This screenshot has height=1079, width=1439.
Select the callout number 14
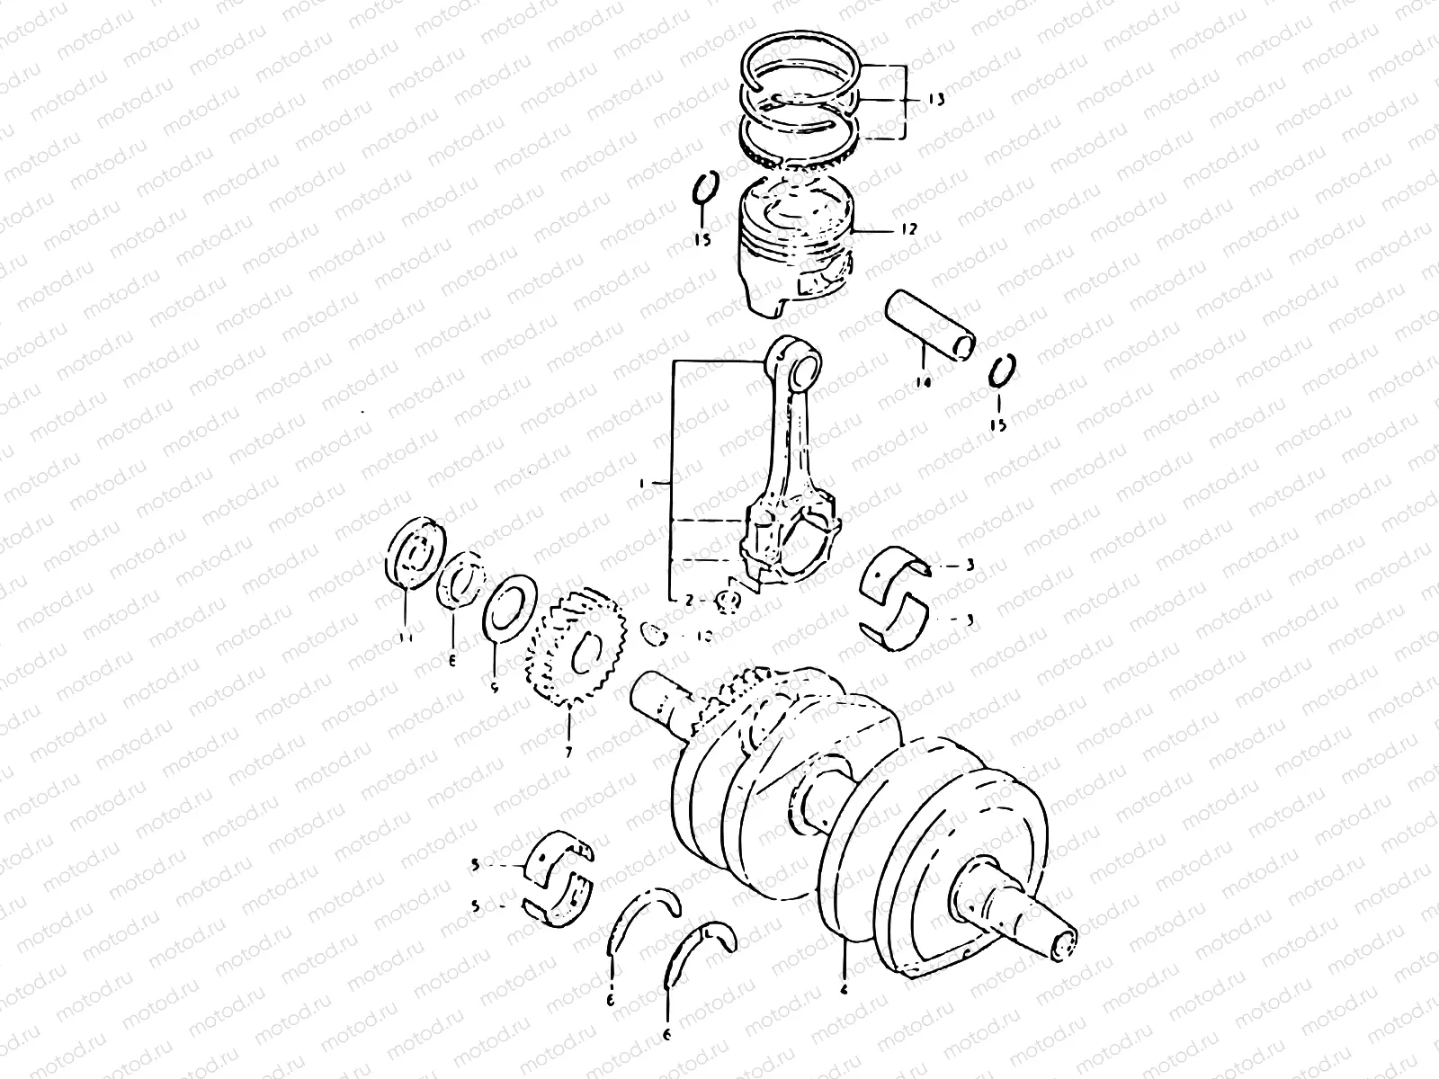923,383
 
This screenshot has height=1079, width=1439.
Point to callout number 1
642,484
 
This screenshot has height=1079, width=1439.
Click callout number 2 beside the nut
689,600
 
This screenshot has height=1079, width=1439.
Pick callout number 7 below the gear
568,752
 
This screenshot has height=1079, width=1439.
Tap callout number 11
405,638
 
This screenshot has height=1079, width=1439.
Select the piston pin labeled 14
930,322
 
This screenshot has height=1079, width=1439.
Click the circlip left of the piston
704,194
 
